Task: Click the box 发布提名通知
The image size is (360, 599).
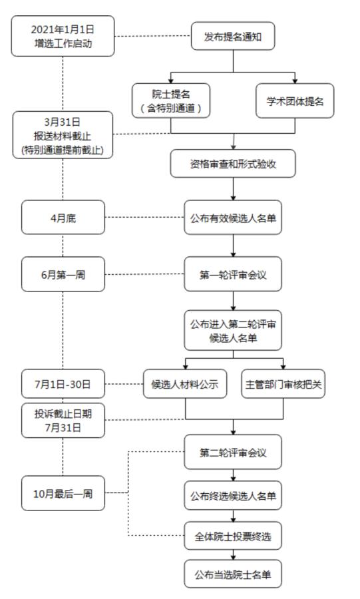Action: [233, 37]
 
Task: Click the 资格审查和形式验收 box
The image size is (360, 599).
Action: [233, 164]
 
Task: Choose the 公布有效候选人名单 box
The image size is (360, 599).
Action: [233, 217]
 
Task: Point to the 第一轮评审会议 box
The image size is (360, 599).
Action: [233, 274]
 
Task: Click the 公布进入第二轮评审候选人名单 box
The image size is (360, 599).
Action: [233, 330]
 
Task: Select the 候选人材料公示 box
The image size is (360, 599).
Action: [185, 385]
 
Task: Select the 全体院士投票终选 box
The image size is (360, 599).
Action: [233, 534]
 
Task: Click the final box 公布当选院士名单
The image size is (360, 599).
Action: [233, 574]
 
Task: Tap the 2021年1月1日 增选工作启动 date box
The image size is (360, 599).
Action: [63, 36]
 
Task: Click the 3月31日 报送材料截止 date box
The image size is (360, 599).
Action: [63, 135]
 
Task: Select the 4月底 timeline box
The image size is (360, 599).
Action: [63, 217]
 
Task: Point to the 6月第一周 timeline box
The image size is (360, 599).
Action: [63, 274]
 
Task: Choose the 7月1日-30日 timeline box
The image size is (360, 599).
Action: [63, 385]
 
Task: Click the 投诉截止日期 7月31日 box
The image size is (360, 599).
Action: [63, 420]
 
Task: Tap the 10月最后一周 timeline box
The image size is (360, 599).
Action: [63, 493]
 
